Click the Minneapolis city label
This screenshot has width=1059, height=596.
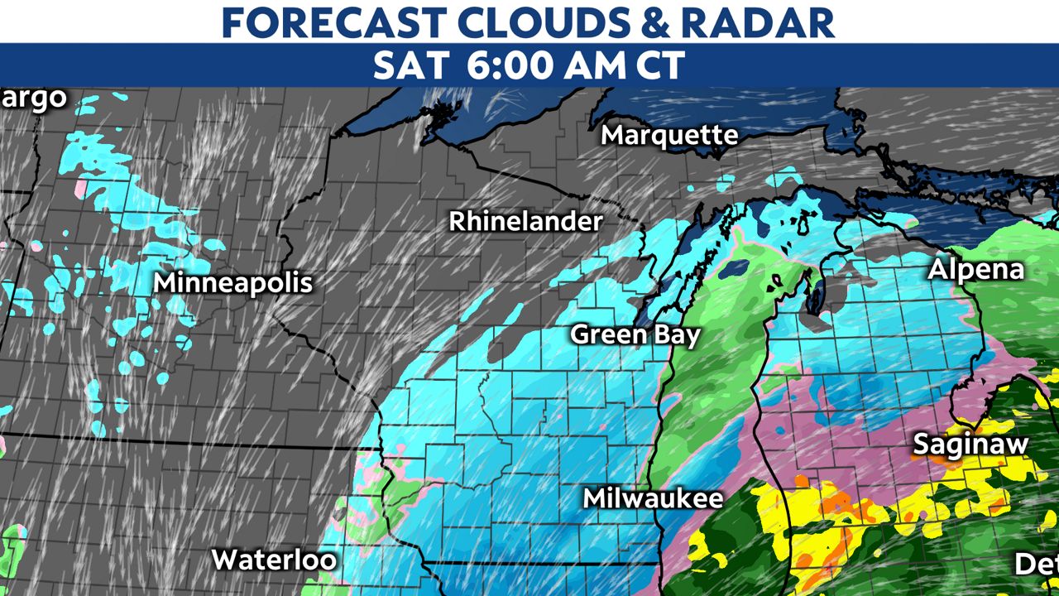[x=233, y=283]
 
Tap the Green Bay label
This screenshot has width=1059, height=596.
[x=635, y=334]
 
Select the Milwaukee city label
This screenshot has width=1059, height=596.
[x=653, y=498]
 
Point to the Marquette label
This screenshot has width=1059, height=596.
[x=669, y=135]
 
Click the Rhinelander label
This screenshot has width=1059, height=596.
[x=526, y=222]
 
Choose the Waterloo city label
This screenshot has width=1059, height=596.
[x=274, y=560]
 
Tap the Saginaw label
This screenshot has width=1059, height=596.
[x=970, y=445]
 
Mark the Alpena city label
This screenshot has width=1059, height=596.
[x=975, y=270]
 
